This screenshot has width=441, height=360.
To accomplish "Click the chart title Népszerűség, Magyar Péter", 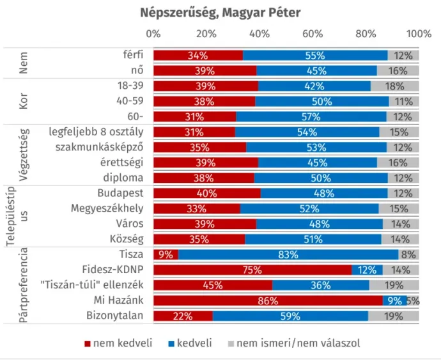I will pos(220,13).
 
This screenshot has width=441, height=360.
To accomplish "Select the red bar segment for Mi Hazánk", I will pos(268,301).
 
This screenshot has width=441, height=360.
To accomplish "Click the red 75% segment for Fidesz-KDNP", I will pos(252,270).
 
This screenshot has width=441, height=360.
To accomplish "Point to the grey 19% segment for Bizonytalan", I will pos(393,316).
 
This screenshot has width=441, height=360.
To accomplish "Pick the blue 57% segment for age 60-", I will pos(311,116).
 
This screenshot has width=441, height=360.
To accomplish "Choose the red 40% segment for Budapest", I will pos(207,193).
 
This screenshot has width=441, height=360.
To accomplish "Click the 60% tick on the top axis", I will pos(313,34).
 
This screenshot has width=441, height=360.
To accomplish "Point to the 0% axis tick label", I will pos(153,34).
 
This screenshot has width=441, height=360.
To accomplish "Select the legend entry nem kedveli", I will pos(118,343).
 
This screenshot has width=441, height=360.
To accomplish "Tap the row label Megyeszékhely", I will pos(107,208).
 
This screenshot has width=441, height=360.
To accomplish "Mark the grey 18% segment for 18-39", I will pos(394,86).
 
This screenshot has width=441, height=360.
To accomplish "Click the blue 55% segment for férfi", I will pos(315,55).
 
